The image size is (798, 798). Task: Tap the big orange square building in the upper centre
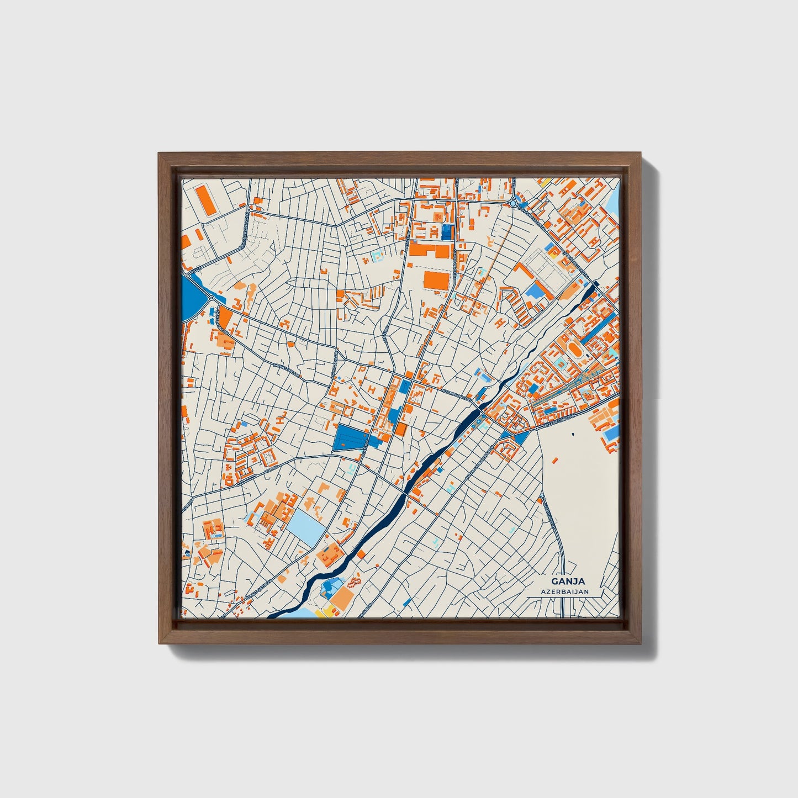point(436,279)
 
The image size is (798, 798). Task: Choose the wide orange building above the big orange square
point(430,251)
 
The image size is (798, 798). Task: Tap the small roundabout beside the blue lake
point(212,299)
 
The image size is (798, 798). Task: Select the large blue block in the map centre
point(351,438)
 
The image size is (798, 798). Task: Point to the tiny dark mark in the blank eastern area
point(573,434)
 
